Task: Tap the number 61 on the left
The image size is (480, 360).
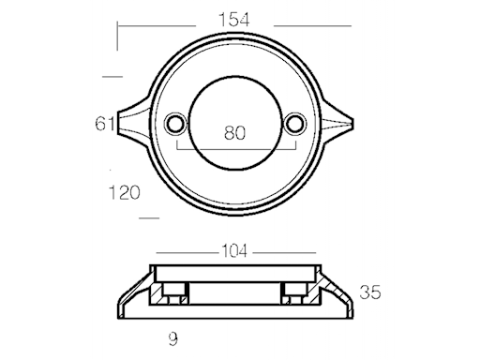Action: [104, 123]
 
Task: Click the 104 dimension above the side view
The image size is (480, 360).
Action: [235, 252]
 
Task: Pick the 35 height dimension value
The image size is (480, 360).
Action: [370, 292]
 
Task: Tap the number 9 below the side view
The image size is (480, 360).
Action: [173, 335]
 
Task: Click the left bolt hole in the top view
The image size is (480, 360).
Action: [173, 124]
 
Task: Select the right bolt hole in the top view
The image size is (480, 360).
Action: [296, 124]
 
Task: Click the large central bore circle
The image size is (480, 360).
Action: [234, 105]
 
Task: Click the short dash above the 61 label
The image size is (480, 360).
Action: [112, 76]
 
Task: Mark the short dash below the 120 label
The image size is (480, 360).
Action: [148, 217]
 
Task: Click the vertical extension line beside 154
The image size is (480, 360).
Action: [117, 37]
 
